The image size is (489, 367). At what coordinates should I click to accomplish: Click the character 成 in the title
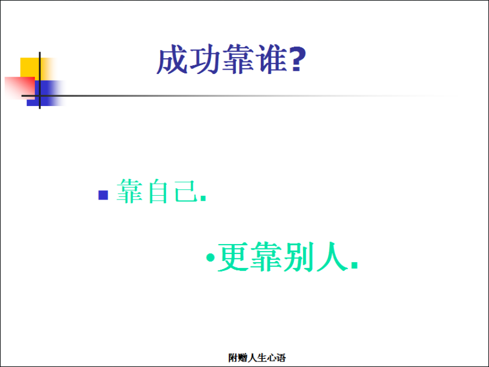click(172, 59)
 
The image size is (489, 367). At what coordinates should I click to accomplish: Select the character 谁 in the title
click(271, 59)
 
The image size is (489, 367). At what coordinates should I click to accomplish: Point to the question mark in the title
click(298, 60)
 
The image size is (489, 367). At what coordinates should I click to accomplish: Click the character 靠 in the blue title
click(237, 59)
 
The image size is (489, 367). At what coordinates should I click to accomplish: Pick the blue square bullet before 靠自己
click(103, 195)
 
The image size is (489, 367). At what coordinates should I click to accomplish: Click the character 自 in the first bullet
click(158, 191)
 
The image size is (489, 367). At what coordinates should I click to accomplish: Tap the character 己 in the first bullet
click(186, 191)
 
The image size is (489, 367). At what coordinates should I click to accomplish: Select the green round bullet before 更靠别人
click(210, 258)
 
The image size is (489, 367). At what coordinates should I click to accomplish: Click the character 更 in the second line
click(233, 257)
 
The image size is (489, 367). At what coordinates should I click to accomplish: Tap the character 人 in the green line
click(331, 257)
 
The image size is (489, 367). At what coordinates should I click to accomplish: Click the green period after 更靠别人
click(354, 265)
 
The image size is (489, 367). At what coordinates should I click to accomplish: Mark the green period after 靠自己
click(203, 198)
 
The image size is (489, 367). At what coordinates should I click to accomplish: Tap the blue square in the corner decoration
click(47, 94)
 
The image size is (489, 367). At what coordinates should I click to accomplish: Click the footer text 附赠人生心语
click(257, 358)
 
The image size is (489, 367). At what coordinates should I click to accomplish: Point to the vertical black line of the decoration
click(40, 80)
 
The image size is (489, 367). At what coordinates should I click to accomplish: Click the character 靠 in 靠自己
click(129, 191)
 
